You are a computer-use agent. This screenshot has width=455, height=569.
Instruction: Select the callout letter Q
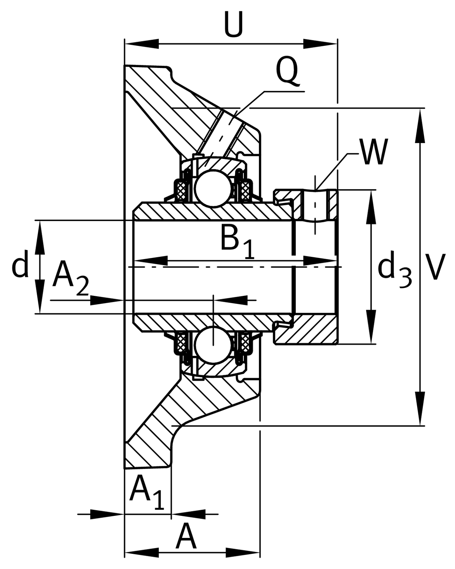pyautogui.click(x=287, y=71)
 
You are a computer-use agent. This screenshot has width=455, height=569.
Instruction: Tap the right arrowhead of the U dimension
pyautogui.click(x=320, y=44)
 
